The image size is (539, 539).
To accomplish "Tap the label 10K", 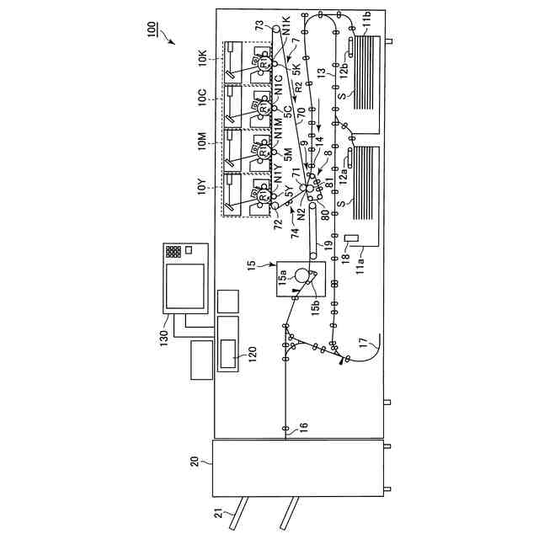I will pos(202,58).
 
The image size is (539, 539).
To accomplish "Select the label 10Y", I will pos(202,185).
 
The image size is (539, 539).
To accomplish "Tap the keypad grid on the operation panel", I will pos(173,251).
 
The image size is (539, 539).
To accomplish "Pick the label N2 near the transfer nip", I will pos(301,212).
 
